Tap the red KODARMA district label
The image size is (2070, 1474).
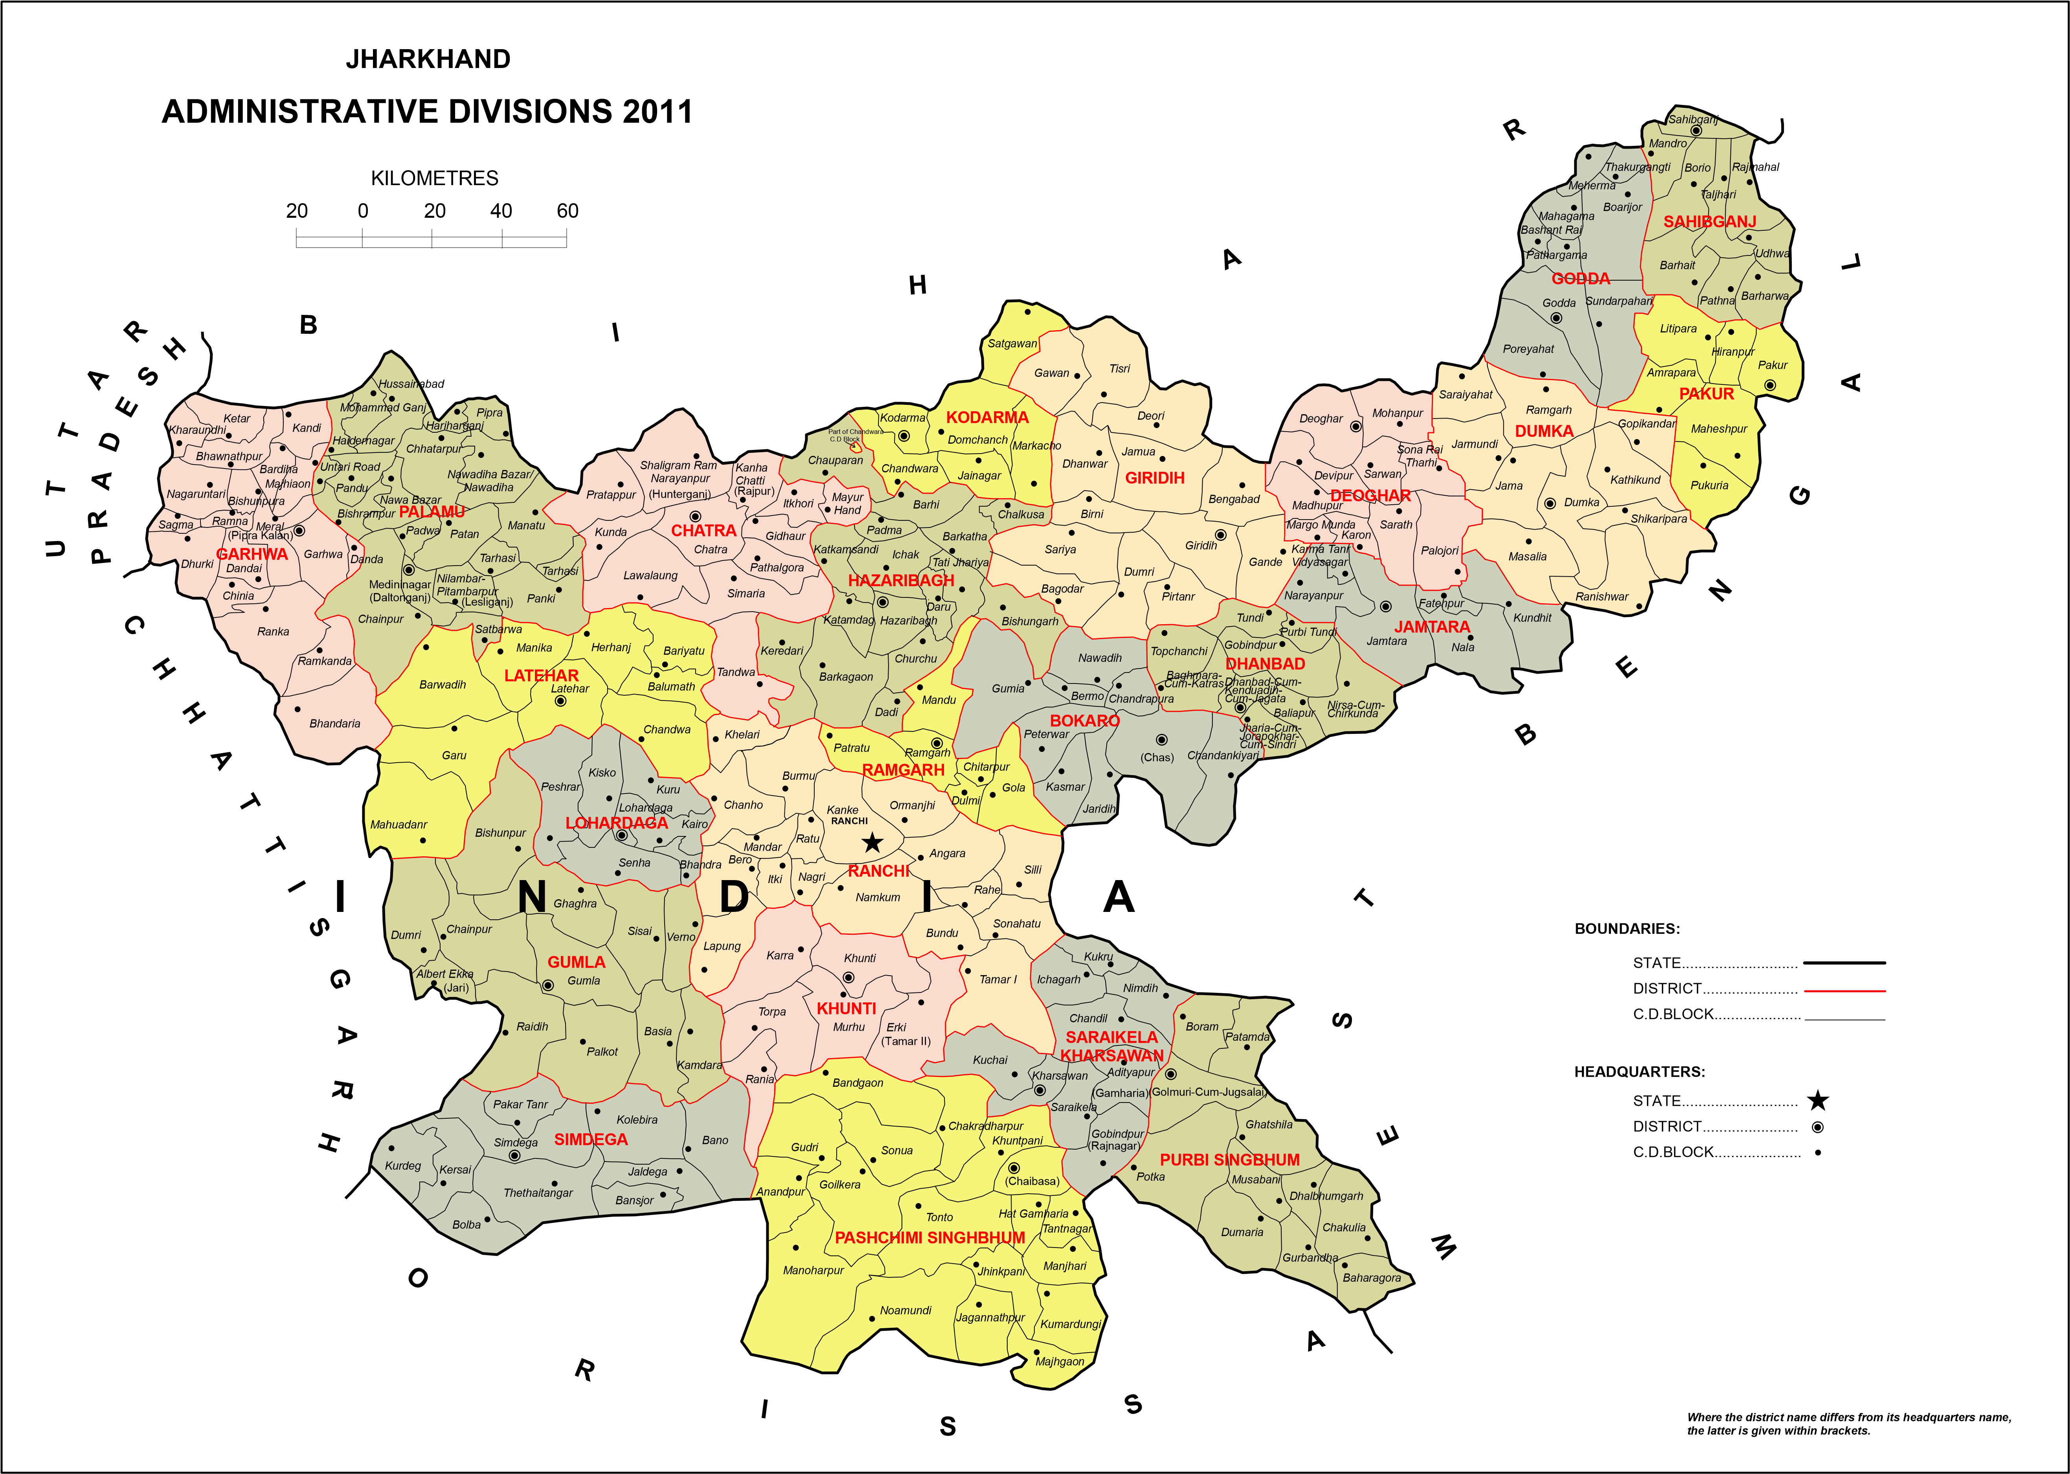pos(987,417)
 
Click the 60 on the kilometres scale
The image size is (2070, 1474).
pos(567,211)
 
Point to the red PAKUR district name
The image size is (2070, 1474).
pos(1706,394)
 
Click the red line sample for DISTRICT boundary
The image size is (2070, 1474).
pos(1844,990)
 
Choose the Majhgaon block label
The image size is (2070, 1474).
pos(1059,1362)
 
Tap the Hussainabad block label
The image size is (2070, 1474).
pos(411,384)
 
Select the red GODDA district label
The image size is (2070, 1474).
pos(1580,279)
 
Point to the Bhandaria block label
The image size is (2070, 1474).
pos(335,723)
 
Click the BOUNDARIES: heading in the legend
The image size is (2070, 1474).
pos(1626,928)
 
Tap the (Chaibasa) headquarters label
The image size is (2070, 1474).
pos(1032,1181)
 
